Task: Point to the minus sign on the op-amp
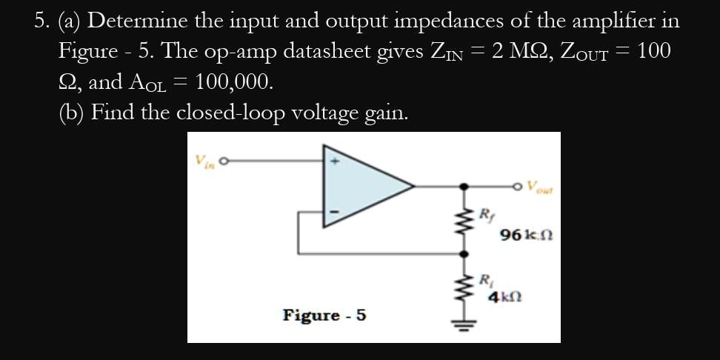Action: click(x=333, y=213)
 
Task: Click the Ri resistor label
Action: click(x=486, y=281)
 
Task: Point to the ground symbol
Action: click(x=465, y=324)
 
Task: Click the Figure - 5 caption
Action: click(x=324, y=316)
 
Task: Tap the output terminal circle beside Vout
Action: click(x=520, y=185)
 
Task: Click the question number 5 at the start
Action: click(x=41, y=21)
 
